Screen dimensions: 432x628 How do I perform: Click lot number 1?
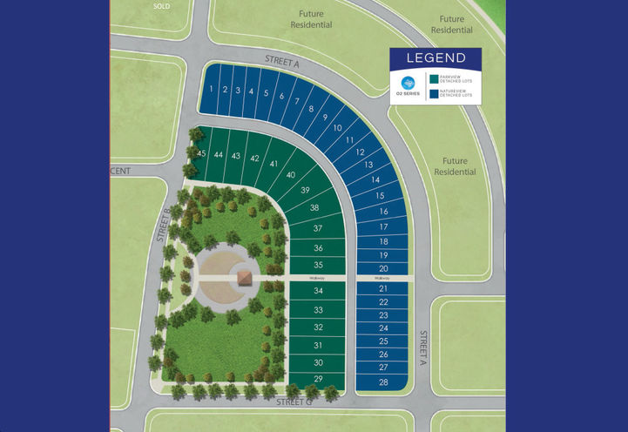[212, 89]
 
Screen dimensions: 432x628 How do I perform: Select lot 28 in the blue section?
[383, 382]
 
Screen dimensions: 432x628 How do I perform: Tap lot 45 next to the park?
[201, 153]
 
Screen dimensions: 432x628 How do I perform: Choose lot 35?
[319, 265]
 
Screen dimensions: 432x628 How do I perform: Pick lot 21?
[383, 288]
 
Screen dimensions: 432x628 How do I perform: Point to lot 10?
[336, 128]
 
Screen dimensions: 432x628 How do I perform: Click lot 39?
[305, 190]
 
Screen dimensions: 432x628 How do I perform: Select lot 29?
[319, 379]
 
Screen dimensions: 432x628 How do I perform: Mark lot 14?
[375, 179]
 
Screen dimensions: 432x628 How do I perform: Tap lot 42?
[254, 159]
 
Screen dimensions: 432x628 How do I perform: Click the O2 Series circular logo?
[407, 84]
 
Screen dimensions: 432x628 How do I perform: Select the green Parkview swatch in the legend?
[435, 78]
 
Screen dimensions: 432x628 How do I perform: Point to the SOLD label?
[162, 5]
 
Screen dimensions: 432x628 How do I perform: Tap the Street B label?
[162, 224]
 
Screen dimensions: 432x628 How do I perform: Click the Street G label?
[296, 402]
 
